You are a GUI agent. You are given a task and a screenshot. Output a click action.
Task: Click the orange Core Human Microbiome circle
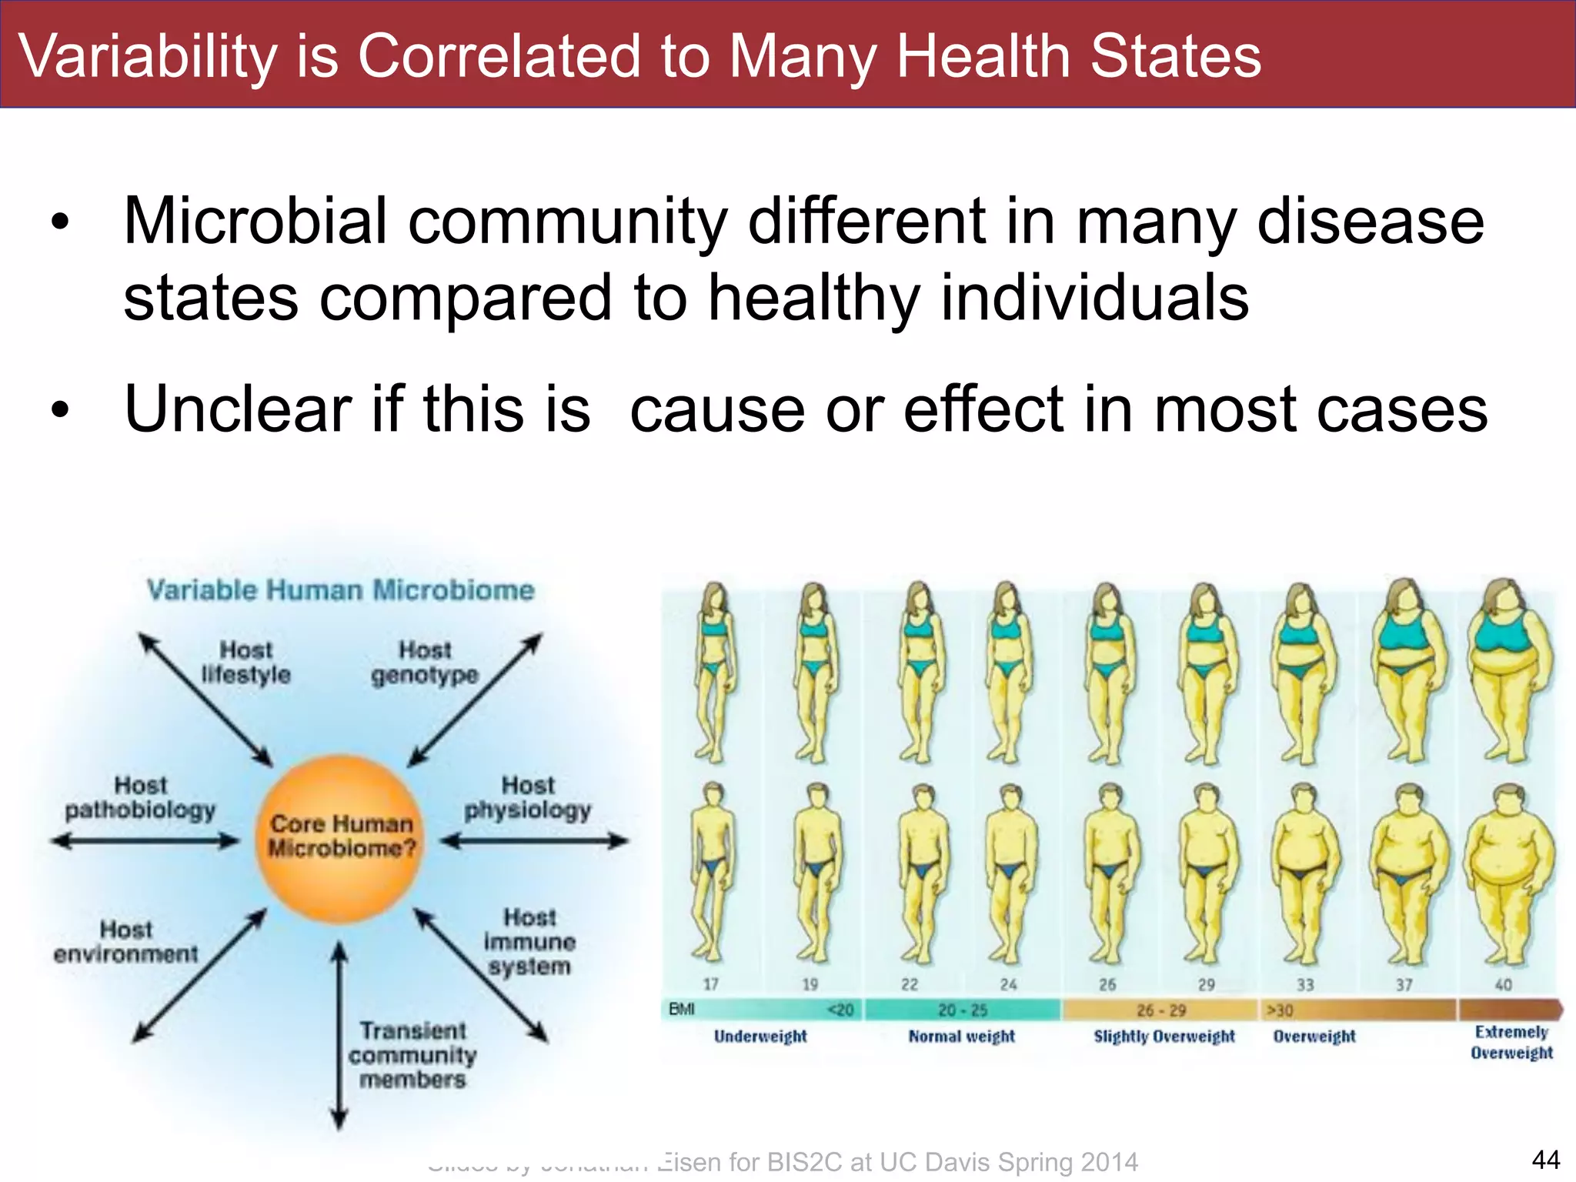coord(339,837)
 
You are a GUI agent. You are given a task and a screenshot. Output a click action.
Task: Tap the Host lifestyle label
coord(246,663)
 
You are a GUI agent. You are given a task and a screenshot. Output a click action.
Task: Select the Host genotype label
coord(425,663)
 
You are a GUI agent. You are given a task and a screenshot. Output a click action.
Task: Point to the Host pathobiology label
coord(140,798)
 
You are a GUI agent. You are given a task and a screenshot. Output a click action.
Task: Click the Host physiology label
coord(528,798)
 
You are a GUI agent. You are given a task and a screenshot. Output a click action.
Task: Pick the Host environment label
coord(126,942)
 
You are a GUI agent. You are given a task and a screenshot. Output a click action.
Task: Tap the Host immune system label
coord(529,942)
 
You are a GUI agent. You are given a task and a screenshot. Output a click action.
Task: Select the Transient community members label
coord(412,1055)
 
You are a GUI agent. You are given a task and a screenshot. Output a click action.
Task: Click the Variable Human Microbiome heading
coord(340,590)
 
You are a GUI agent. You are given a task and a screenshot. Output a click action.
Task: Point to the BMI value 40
coord(1503,985)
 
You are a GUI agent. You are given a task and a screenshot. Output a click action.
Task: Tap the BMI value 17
coord(711,985)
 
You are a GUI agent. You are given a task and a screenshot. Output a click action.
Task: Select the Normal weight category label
coord(962,1037)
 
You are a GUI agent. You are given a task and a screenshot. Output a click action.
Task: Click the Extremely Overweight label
coord(1511,1043)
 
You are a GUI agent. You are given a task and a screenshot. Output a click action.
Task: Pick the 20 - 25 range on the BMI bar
coord(963,1010)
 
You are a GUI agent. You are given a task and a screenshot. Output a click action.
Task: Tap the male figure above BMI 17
coord(713,873)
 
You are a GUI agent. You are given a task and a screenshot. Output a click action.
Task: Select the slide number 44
coord(1545,1160)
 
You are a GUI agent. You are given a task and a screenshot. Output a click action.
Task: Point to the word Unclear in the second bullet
coord(239,409)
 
